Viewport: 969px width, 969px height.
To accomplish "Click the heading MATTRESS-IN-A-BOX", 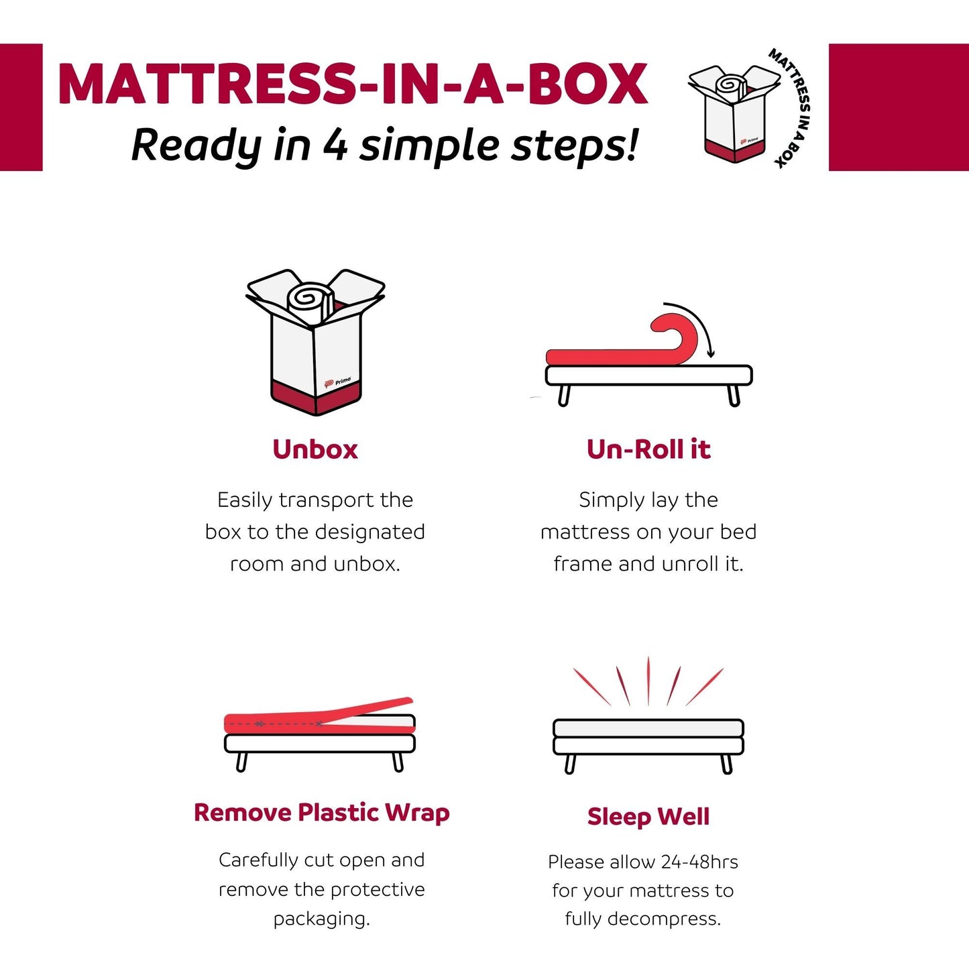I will point(353,85).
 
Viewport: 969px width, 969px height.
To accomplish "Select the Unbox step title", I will point(315,449).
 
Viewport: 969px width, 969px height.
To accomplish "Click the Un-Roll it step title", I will point(648,449).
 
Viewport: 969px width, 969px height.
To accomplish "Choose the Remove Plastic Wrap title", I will point(321,813).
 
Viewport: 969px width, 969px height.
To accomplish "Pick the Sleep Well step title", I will point(648,817).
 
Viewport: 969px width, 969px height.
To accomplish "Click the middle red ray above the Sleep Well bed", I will point(648,681).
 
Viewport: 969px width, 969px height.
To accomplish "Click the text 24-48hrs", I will point(699,862).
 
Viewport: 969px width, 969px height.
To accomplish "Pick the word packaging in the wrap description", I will point(321,919).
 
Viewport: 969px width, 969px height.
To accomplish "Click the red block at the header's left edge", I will point(21,107).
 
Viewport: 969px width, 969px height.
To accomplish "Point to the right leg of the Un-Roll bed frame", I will point(734,396).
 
